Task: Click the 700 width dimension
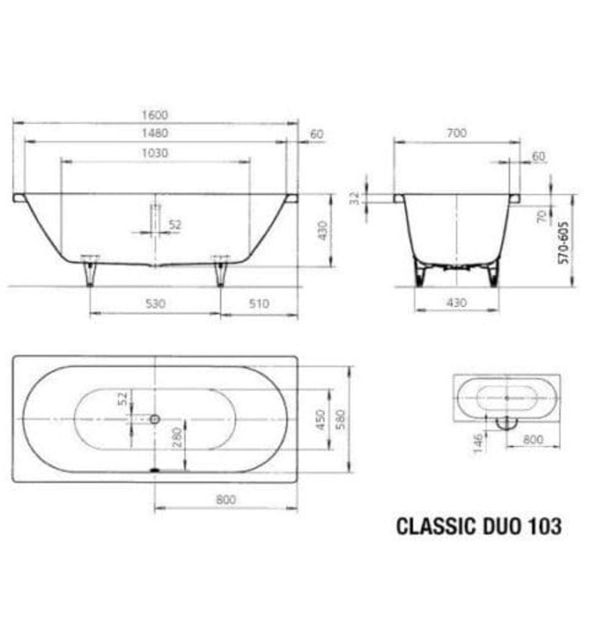tap(456, 133)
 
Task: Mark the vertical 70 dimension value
tap(542, 216)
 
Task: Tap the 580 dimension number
tap(340, 420)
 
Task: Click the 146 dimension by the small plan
tap(477, 443)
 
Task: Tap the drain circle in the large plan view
tap(155, 418)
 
